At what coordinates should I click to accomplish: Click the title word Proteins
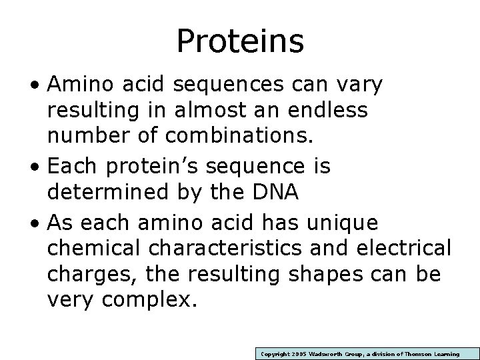(x=240, y=41)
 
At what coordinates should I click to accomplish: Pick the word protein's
(x=159, y=165)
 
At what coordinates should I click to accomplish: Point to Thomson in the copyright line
(x=418, y=354)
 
